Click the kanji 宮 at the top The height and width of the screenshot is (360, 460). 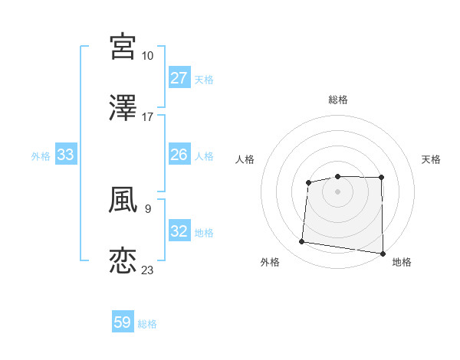(x=123, y=46)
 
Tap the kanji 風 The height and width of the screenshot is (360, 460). (x=123, y=199)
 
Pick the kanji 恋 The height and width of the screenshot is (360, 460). (x=123, y=260)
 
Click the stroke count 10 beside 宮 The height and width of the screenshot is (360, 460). (x=148, y=56)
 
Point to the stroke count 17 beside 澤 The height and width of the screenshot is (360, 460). (x=148, y=117)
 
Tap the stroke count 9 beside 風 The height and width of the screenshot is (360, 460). (x=147, y=208)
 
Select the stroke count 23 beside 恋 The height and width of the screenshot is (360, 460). (x=148, y=270)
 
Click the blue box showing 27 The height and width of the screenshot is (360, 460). (x=179, y=78)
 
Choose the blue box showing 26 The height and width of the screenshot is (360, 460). (x=179, y=155)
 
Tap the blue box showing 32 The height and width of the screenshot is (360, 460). (x=179, y=231)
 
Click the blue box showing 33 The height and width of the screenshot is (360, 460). (x=66, y=155)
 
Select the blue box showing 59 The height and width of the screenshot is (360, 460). (x=123, y=322)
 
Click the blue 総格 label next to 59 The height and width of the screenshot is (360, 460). (x=147, y=324)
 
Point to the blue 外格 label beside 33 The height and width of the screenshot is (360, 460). (x=41, y=156)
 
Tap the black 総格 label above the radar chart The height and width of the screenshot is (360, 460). (x=338, y=100)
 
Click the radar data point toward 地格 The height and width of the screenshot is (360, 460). (x=383, y=254)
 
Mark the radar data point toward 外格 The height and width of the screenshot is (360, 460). (x=302, y=242)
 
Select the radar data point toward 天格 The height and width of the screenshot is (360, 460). (x=382, y=178)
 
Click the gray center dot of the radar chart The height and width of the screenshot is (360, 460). (x=337, y=190)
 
